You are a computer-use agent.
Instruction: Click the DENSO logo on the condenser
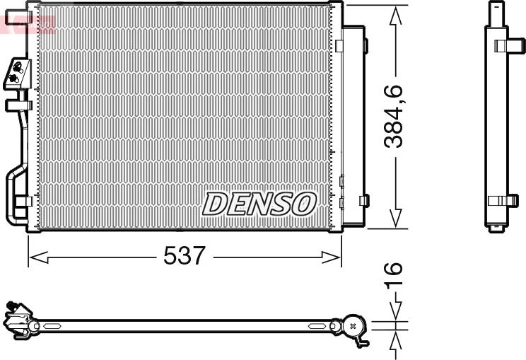(x=259, y=204)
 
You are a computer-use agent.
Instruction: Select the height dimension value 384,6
(x=394, y=116)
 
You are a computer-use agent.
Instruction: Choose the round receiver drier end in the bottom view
(x=353, y=326)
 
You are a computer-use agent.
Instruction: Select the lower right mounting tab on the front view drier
(x=363, y=200)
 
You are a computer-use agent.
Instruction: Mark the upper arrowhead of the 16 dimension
(x=396, y=310)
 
